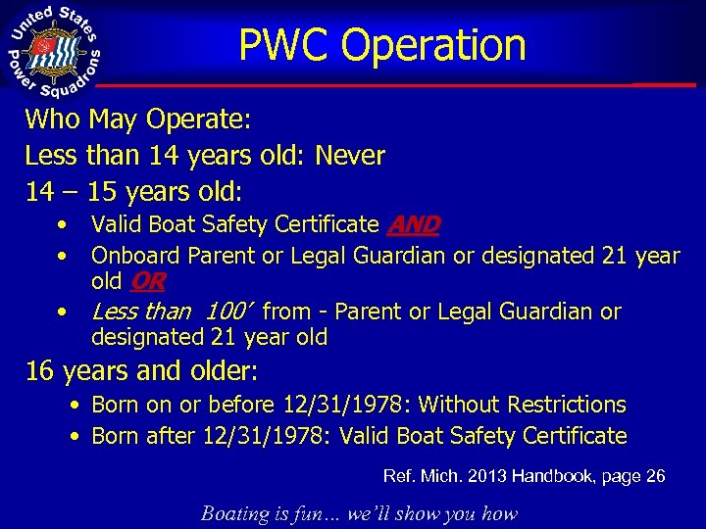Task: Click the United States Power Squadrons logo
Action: click(55, 51)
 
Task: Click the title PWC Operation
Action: click(382, 45)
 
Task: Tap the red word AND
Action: click(413, 225)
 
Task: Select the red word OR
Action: click(147, 282)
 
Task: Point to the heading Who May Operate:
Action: click(138, 120)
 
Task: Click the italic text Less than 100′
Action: click(173, 313)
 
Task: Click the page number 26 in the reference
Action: click(656, 477)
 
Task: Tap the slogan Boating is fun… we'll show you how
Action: click(359, 513)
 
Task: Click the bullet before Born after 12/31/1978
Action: click(76, 435)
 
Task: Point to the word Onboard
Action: click(135, 256)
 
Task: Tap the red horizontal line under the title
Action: click(392, 86)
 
